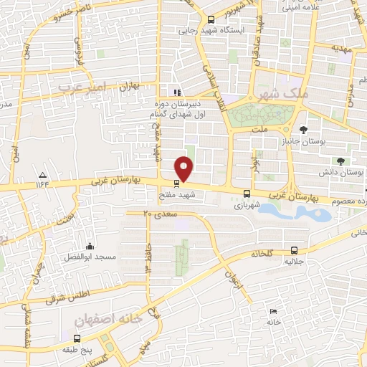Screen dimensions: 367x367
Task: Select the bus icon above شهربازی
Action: (x=247, y=193)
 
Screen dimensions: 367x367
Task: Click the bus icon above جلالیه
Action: (x=295, y=250)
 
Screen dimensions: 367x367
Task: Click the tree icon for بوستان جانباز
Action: (x=304, y=130)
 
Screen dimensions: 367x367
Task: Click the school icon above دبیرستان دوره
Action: (x=177, y=91)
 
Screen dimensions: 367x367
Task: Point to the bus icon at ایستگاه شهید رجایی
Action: (x=211, y=20)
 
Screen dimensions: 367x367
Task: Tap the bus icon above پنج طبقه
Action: (x=77, y=338)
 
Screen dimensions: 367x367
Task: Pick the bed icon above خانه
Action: (x=273, y=311)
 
